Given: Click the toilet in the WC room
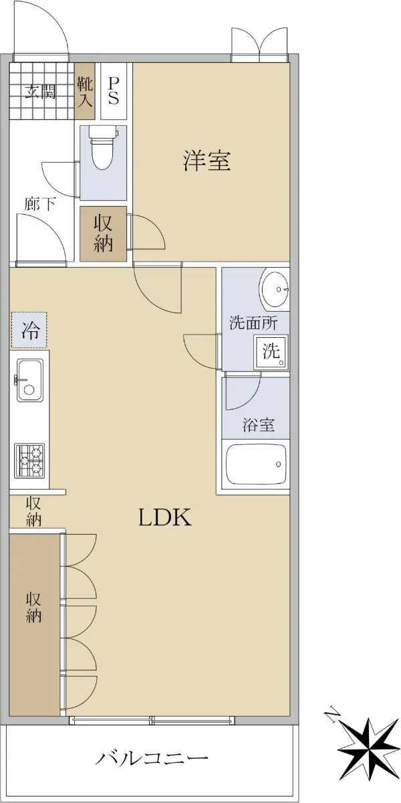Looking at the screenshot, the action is point(104,148).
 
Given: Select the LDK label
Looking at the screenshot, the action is point(165,517).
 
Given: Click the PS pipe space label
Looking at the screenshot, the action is point(113,91).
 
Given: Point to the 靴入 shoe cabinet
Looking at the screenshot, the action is point(85,91).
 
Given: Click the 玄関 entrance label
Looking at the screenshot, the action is point(41,92).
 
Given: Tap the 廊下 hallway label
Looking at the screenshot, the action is point(40,204).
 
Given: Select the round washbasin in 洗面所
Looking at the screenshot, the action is point(275,288).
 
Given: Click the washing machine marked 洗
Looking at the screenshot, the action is point(271,352).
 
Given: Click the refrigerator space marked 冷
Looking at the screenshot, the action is point(29,330).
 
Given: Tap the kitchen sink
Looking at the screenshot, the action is point(29,380).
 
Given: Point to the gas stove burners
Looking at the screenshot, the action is point(29,460).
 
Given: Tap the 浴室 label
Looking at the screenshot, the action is point(259,425).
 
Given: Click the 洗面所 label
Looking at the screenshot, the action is point(253,323).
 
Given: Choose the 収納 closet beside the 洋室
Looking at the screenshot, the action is point(103,234).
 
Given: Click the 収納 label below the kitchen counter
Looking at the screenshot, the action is point(33,511).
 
